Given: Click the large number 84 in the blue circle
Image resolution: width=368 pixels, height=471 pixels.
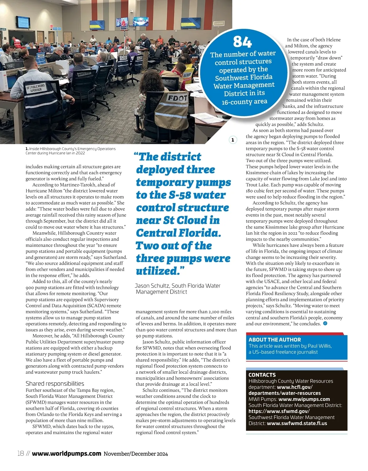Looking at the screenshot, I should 242,42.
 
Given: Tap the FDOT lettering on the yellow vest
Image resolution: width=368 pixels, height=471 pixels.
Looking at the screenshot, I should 177,98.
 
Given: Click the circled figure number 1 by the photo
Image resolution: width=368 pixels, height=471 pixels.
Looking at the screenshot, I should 233,140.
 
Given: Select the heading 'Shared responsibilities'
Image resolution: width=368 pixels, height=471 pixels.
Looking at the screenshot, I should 55,384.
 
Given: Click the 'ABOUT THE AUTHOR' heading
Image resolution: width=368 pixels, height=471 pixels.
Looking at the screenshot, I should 274,340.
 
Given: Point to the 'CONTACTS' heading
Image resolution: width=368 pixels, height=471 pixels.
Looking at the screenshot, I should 262,375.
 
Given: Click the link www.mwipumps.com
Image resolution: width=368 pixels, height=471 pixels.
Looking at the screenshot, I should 304,399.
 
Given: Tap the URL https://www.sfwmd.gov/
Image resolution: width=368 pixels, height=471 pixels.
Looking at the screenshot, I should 279,411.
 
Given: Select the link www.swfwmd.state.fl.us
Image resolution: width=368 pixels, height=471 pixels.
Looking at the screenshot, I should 297,423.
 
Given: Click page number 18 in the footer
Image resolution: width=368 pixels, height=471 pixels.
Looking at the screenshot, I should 21,453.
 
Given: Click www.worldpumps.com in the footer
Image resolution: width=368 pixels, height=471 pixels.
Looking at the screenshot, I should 67,453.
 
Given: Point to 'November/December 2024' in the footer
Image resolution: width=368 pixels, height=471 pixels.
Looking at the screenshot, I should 136,454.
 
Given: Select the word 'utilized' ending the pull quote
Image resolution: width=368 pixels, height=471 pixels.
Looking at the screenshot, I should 156,271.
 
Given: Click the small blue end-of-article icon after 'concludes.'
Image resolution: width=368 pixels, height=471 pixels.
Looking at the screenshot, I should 325,323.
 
